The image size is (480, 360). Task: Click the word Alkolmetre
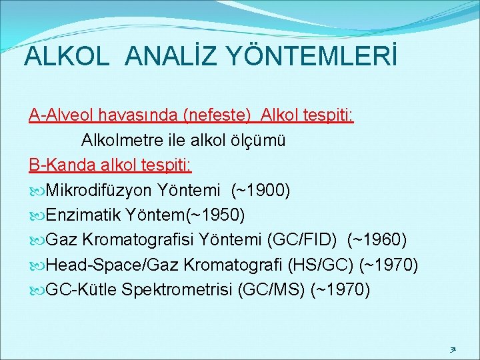pyautogui.click(x=119, y=141)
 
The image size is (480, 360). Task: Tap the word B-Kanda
pyautogui.click(x=57, y=165)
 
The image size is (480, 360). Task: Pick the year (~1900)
pyautogui.click(x=260, y=191)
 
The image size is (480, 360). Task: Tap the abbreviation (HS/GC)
pyautogui.click(x=321, y=265)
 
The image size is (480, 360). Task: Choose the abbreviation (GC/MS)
pyautogui.click(x=273, y=290)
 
